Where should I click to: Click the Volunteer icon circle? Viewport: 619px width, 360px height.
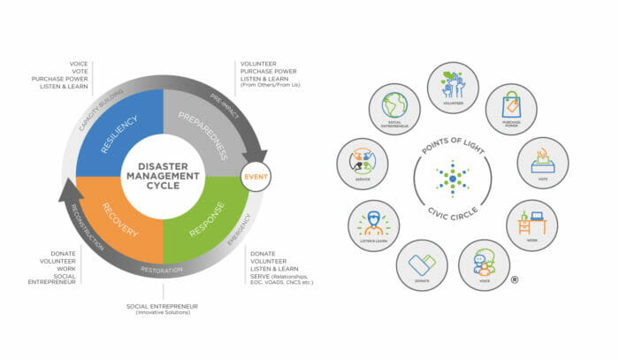[453, 88]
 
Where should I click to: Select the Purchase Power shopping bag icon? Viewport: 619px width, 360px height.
[510, 109]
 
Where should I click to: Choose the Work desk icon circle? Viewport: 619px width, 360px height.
[531, 225]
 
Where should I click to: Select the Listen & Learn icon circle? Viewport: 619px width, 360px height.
[373, 225]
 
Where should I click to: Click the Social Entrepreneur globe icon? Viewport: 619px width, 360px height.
[394, 109]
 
